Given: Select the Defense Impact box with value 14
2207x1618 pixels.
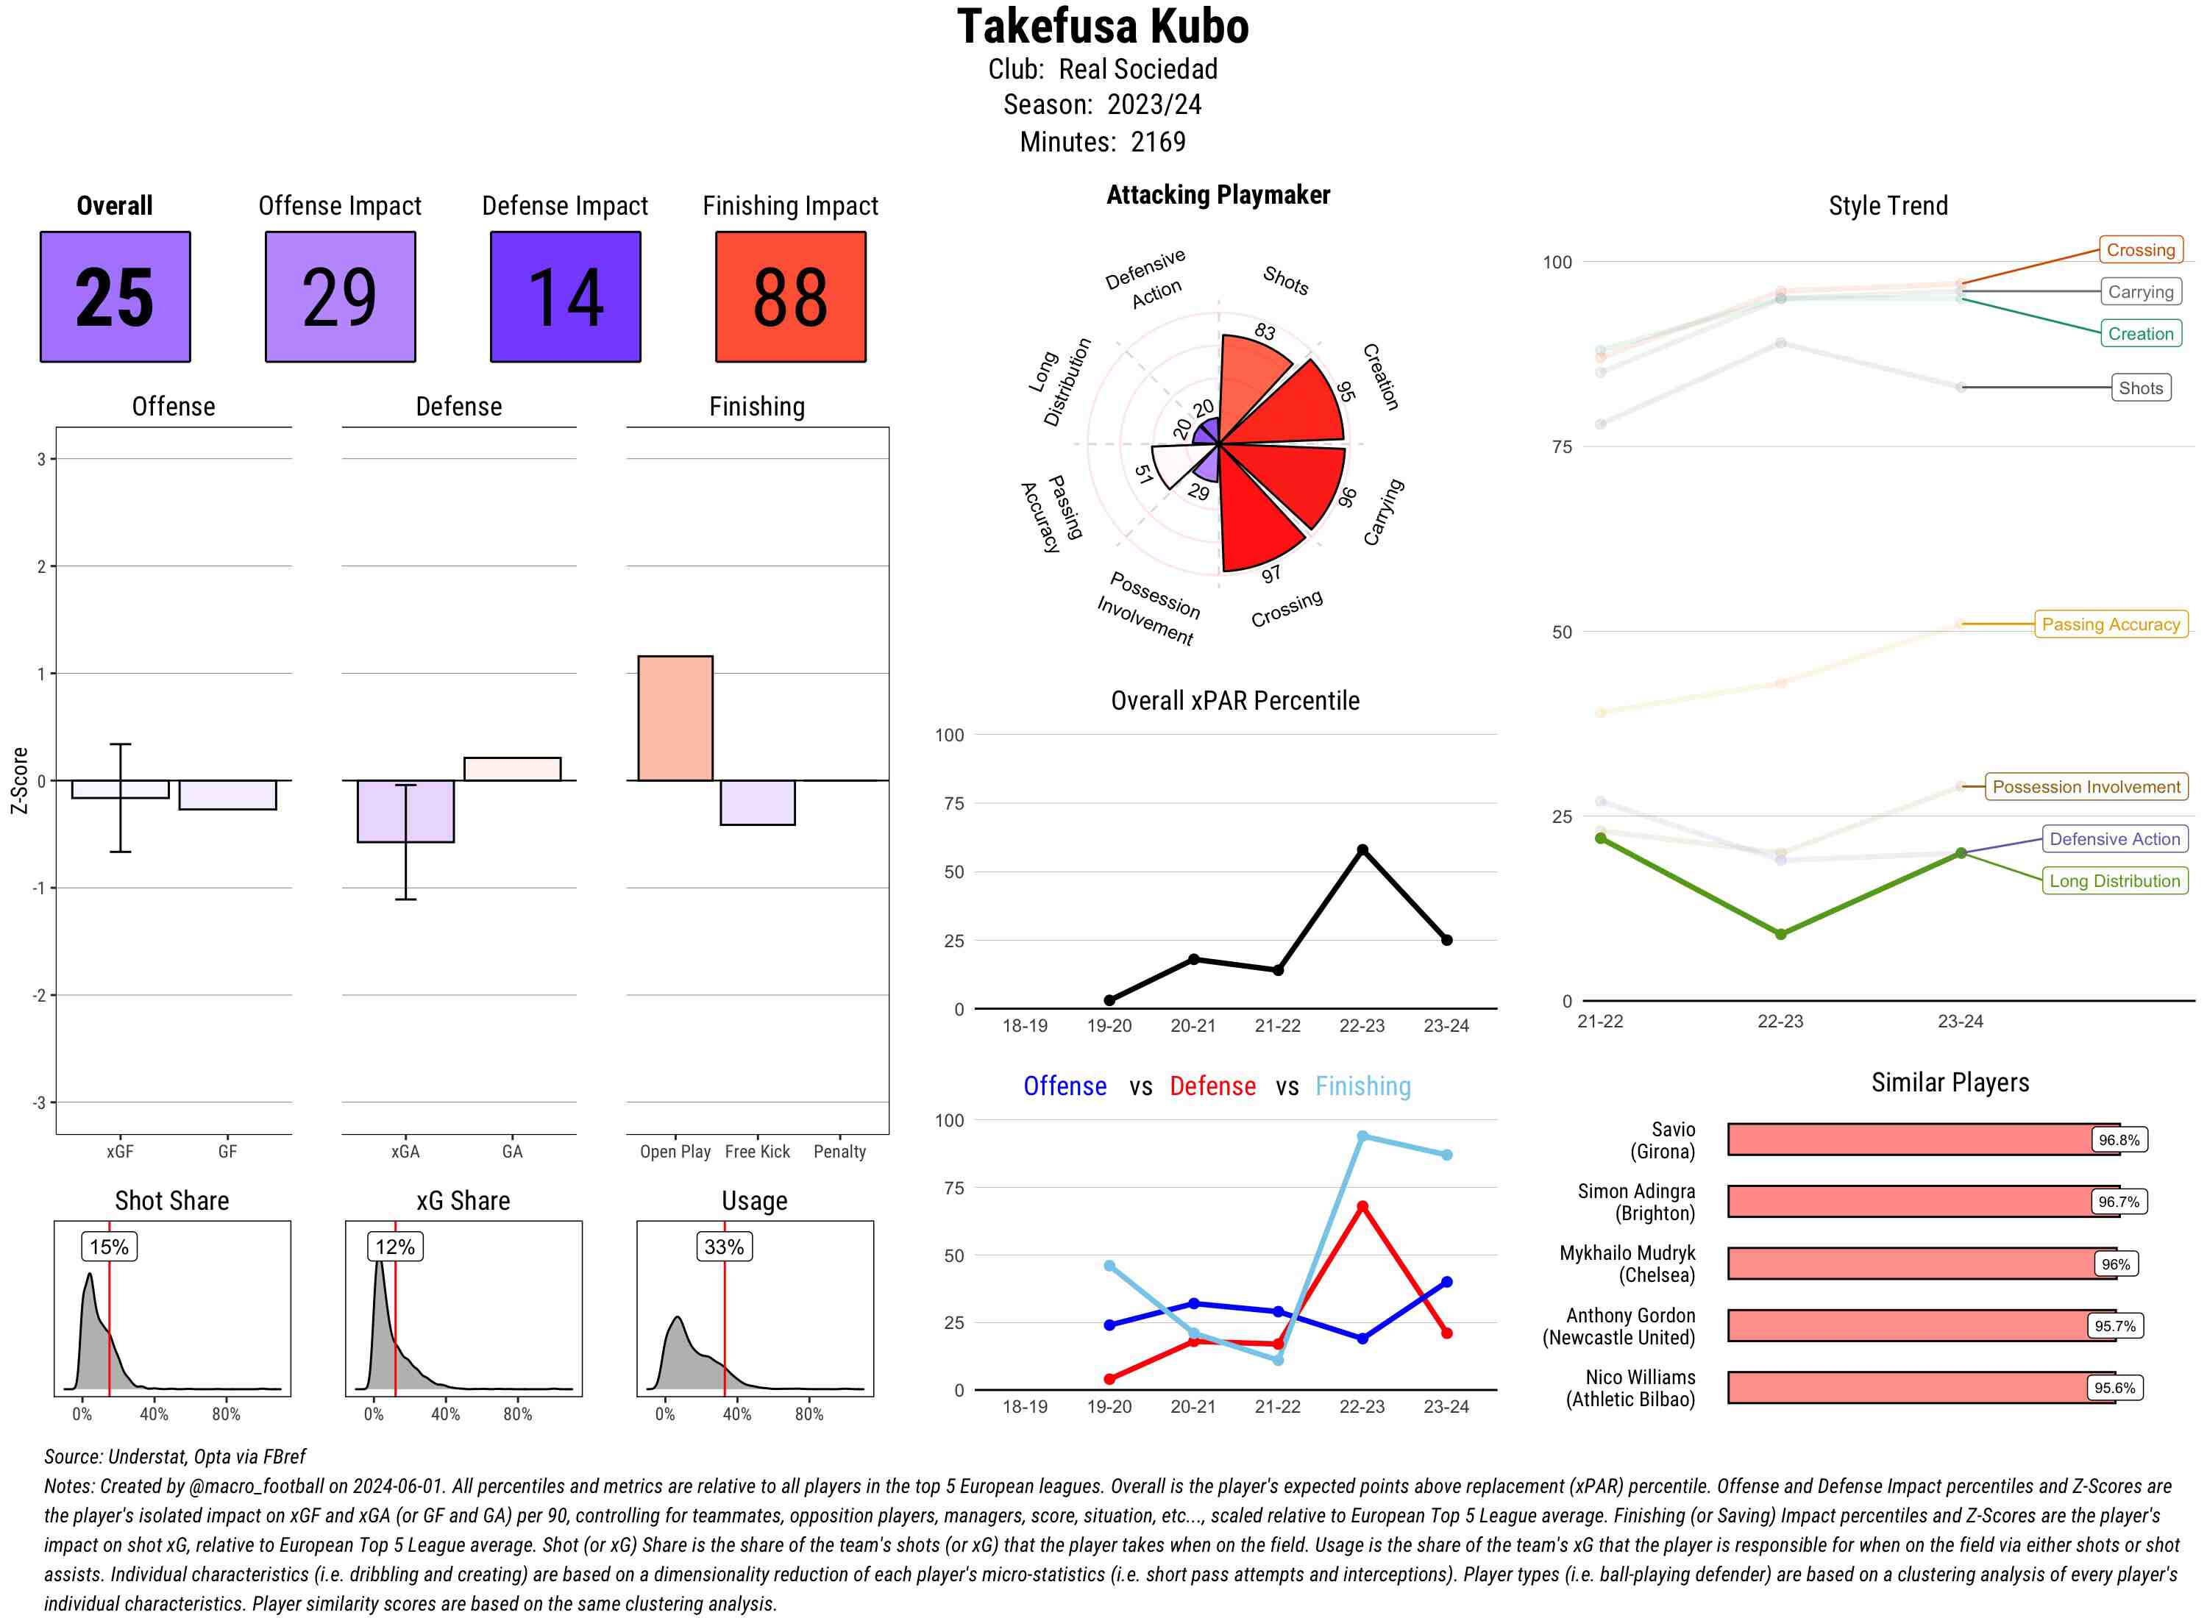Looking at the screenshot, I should click(565, 297).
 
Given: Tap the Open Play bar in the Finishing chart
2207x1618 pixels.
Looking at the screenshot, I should click(675, 718).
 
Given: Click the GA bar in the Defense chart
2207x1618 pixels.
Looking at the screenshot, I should click(512, 769).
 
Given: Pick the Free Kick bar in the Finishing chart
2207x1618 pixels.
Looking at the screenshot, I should click(757, 802).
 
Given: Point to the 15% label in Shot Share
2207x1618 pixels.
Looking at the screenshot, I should click(109, 1247).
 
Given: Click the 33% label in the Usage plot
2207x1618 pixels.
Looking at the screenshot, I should click(724, 1247).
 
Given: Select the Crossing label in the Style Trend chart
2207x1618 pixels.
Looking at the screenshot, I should click(2139, 250).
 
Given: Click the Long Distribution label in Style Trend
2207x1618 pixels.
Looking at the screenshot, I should click(2114, 880).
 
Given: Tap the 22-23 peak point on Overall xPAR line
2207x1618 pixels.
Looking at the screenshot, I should click(1362, 850).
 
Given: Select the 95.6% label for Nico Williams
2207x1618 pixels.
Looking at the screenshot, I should click(2114, 1388).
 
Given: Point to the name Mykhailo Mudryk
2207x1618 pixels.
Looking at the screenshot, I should click(1627, 1252).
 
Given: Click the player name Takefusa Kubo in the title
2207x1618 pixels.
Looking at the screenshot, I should click(1103, 26).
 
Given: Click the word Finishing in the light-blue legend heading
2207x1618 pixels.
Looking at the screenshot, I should click(1362, 1086).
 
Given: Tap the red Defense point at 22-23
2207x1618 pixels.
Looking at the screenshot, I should click(1362, 1207).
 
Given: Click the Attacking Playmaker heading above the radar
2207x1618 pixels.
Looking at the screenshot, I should click(1218, 195).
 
